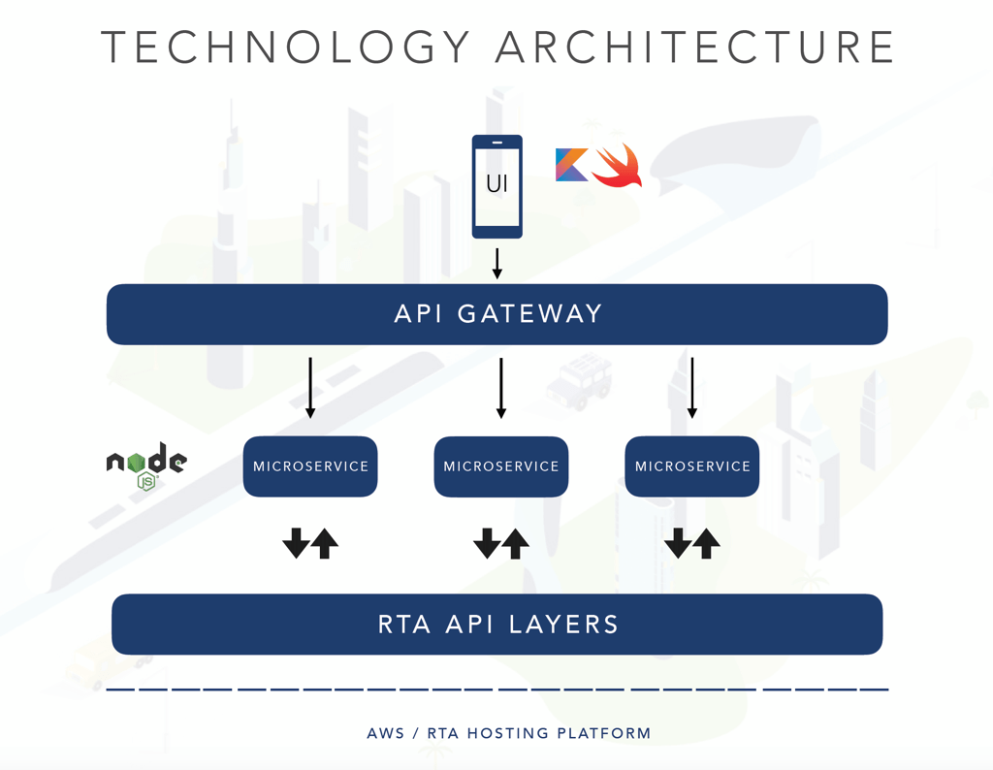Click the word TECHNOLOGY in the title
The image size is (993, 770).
286,47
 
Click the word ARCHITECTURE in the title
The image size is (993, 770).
694,47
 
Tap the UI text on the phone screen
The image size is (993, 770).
497,183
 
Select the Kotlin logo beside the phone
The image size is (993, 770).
572,165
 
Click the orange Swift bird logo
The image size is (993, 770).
618,165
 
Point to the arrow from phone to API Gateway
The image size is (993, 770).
497,264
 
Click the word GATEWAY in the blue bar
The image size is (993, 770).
529,314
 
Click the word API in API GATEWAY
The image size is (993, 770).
418,314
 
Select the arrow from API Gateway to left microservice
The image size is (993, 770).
310,388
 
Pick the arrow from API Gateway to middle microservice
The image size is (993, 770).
501,388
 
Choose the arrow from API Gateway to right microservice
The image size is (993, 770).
692,388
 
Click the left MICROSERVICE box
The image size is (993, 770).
310,466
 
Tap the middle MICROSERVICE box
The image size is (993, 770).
501,466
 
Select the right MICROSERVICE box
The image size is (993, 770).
692,466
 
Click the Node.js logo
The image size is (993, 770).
147,465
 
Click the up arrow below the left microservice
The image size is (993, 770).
325,543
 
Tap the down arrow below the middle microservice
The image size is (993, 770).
487,543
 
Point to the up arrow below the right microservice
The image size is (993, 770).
706,543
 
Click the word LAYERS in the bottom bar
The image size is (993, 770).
563,625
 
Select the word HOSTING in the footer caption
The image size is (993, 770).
508,733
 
